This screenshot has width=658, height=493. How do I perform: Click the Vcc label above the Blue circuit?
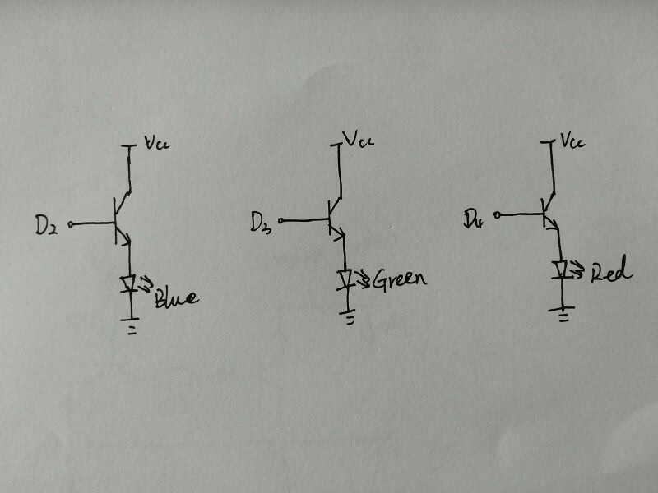pyautogui.click(x=155, y=145)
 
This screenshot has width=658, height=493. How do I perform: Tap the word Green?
pyautogui.click(x=400, y=279)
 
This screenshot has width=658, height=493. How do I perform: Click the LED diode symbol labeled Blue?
pyautogui.click(x=128, y=284)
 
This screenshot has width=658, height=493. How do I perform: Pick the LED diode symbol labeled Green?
pyautogui.click(x=346, y=278)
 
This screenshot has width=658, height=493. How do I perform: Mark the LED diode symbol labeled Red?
pyautogui.click(x=561, y=269)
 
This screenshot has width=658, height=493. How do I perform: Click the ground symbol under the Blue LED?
pyautogui.click(x=127, y=324)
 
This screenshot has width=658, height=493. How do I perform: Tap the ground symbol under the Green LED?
pyautogui.click(x=349, y=316)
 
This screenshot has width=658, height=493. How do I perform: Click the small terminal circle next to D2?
pyautogui.click(x=71, y=223)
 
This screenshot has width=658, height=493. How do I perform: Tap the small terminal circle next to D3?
pyautogui.click(x=281, y=219)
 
